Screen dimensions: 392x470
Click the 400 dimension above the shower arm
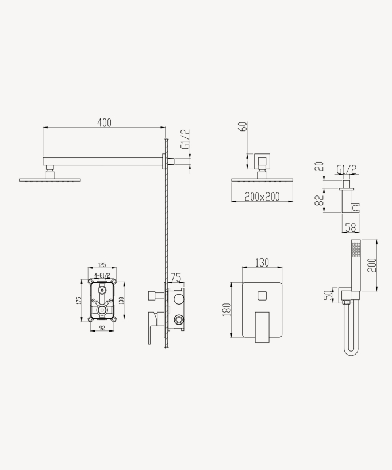point(105,122)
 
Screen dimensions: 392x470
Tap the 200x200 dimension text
point(262,197)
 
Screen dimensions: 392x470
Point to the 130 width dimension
point(262,263)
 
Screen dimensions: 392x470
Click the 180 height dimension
point(226,310)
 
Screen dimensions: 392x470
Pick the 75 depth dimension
point(176,278)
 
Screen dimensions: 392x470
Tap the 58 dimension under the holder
point(350,228)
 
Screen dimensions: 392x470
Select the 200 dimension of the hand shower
point(372,265)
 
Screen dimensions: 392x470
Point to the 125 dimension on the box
point(102,265)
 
